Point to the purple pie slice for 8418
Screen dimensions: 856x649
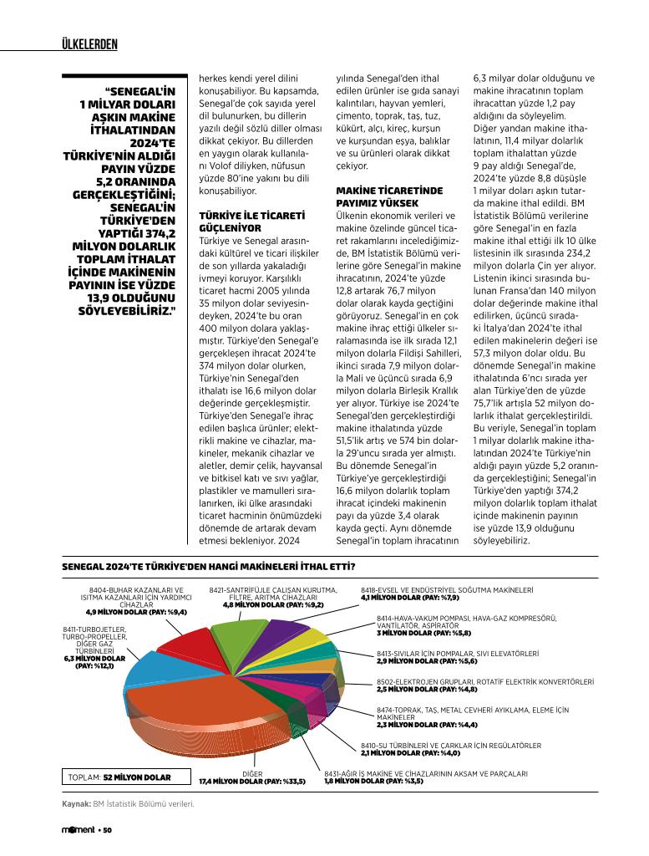tap(281, 635)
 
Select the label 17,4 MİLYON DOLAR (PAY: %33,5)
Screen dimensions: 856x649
tap(251, 782)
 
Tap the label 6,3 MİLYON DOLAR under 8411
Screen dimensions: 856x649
tap(94, 658)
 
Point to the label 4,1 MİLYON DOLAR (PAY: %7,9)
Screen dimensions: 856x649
tap(409, 598)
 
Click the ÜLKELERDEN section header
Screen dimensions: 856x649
tap(90, 44)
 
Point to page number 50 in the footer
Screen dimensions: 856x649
tap(107, 830)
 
